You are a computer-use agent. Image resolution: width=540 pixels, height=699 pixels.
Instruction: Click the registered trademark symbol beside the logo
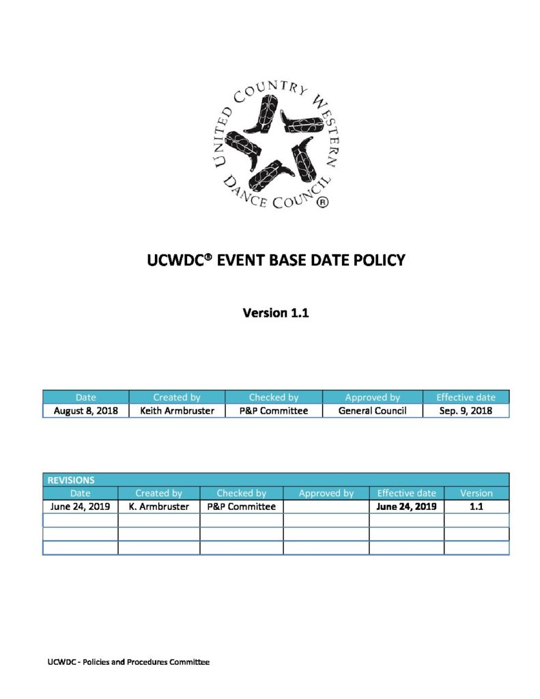[324, 202]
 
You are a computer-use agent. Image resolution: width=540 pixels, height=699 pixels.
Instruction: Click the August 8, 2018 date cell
[86, 411]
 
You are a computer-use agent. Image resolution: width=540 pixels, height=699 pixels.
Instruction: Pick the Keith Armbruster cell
[177, 411]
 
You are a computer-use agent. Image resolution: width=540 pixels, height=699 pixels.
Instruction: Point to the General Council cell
[372, 411]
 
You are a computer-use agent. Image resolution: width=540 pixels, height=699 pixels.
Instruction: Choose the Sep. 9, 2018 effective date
[466, 411]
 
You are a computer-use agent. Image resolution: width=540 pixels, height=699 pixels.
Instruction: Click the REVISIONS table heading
[71, 480]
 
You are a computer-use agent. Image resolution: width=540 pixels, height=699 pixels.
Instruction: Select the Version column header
[476, 493]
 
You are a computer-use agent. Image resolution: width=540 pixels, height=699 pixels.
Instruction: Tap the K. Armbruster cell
[158, 507]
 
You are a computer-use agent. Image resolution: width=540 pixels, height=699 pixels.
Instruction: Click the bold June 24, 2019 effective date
[406, 507]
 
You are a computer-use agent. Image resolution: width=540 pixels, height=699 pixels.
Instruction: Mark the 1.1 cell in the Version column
[476, 507]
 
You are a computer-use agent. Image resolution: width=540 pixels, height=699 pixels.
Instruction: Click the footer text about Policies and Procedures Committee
[128, 662]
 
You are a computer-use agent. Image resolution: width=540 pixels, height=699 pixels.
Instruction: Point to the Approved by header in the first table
[372, 397]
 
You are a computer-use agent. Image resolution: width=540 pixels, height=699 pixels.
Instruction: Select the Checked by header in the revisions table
[241, 493]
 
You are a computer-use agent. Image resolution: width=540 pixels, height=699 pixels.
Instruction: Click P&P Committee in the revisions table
[241, 507]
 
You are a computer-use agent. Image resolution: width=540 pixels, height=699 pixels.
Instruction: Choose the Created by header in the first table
[177, 397]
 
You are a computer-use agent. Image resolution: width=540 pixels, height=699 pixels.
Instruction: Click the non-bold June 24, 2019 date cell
[80, 507]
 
